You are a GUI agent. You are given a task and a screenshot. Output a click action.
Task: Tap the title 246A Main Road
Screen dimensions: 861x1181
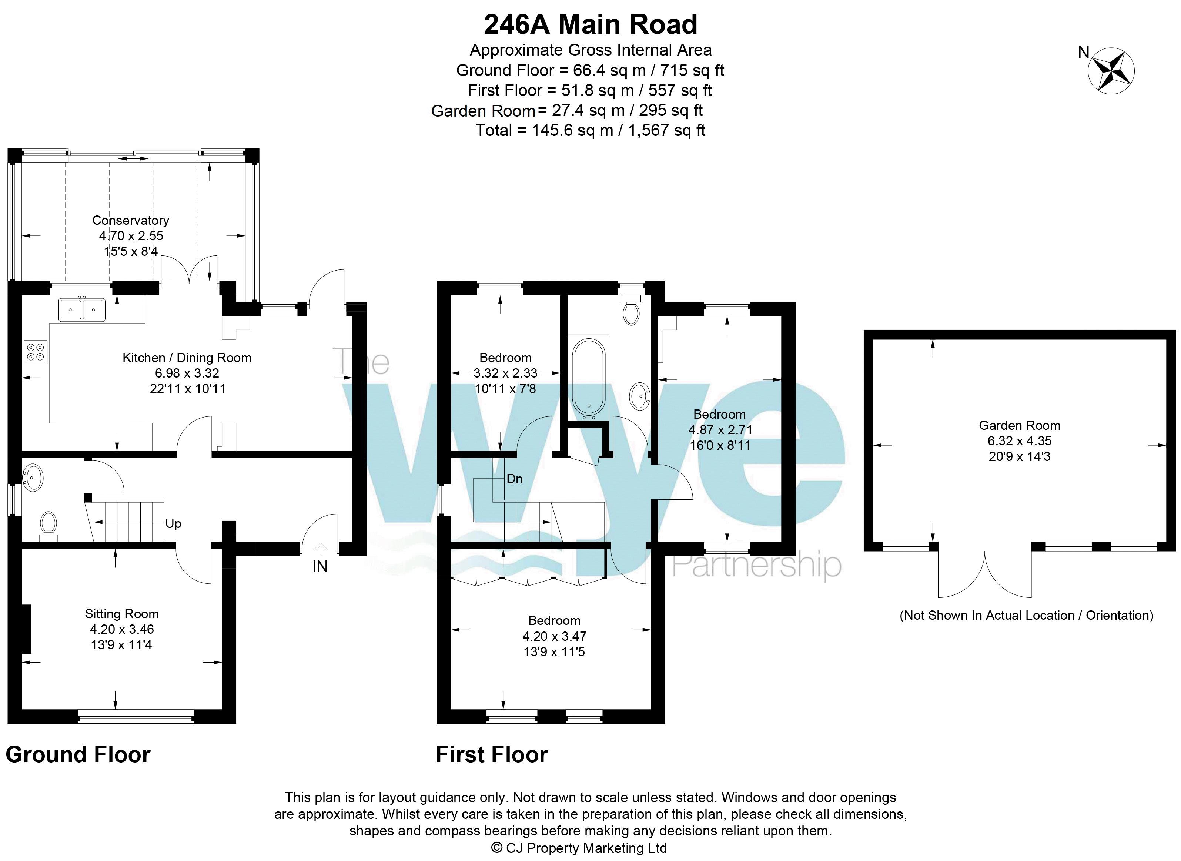(x=590, y=24)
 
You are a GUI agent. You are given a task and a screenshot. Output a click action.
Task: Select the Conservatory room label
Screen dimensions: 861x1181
(x=130, y=221)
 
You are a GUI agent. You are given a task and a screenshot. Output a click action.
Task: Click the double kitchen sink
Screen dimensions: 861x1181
(x=82, y=309)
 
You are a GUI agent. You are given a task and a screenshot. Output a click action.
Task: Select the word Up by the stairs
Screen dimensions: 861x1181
(x=173, y=524)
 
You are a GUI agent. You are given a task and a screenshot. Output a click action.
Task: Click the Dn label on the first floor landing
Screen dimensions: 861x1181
(x=514, y=479)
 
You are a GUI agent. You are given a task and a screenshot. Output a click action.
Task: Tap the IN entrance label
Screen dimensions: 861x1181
(x=319, y=567)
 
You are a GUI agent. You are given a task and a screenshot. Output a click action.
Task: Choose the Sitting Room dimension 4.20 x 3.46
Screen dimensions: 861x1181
(x=121, y=630)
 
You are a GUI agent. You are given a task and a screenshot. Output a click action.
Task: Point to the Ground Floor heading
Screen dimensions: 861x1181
(x=78, y=755)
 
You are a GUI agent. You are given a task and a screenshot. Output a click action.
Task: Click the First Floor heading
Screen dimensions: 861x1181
(x=492, y=755)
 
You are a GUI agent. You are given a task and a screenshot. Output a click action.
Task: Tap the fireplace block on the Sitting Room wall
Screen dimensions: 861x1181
(x=26, y=629)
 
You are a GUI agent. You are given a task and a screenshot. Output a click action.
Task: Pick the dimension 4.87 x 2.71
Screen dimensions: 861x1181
(x=720, y=430)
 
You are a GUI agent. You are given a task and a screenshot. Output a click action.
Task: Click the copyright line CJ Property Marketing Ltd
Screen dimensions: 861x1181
(x=579, y=848)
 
